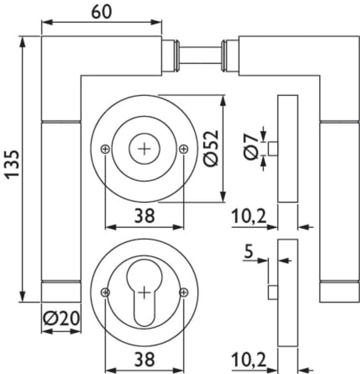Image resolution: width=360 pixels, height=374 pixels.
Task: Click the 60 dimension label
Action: [x=101, y=11]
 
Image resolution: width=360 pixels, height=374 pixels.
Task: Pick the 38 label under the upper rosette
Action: [x=144, y=216]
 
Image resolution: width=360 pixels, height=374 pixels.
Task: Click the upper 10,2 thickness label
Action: [x=249, y=216]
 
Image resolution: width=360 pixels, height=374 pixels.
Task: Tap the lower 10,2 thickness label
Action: [x=249, y=360]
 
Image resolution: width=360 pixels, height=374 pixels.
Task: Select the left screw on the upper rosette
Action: [x=105, y=149]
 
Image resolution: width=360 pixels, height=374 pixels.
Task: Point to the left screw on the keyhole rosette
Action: [x=105, y=293]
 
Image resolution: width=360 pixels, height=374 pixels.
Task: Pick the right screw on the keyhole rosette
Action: [x=184, y=293]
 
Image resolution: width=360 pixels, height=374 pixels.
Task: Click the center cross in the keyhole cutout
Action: [x=144, y=293]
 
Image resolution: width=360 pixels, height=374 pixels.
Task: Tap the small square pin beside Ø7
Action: [x=273, y=149]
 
